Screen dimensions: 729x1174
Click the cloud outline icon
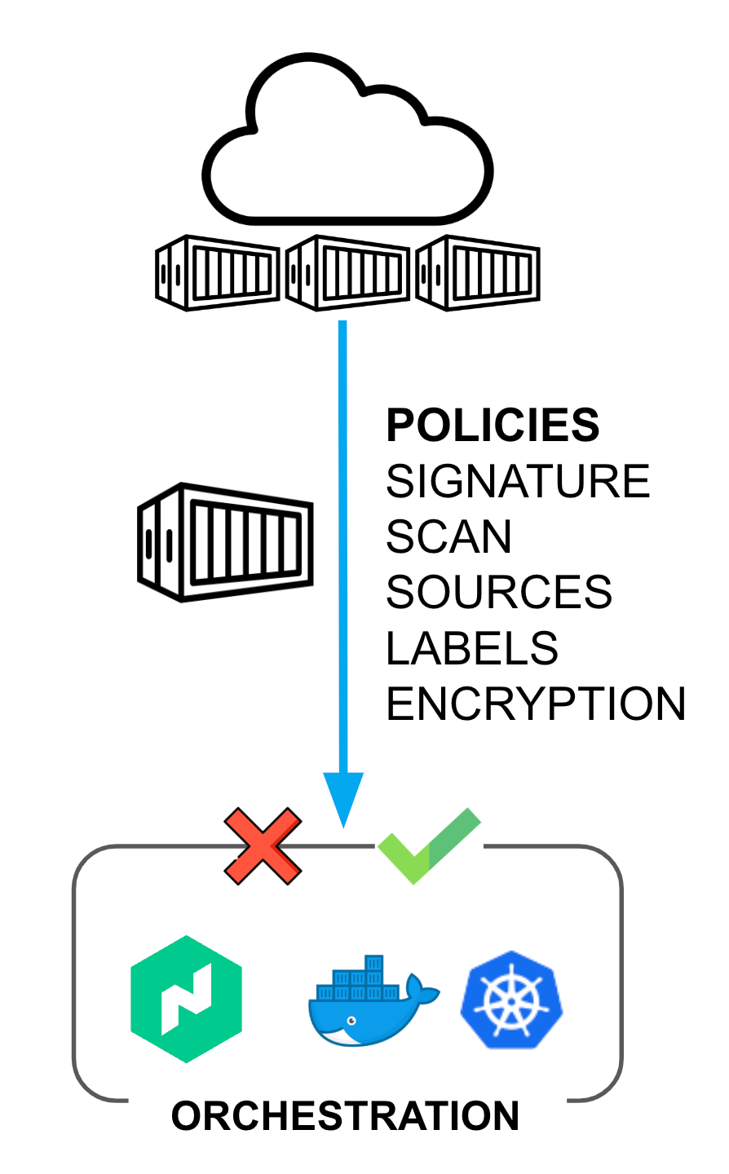click(x=347, y=220)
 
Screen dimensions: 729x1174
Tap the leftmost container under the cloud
click(x=218, y=272)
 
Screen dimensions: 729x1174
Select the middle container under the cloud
click(x=347, y=272)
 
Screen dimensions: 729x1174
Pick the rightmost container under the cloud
click(x=478, y=272)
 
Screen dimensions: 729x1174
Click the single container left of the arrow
click(x=225, y=542)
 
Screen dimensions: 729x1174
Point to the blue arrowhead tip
click(x=343, y=828)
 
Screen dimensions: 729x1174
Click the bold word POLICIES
click(x=493, y=425)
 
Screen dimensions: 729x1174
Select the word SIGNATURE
click(x=518, y=481)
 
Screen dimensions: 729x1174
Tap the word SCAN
click(x=448, y=536)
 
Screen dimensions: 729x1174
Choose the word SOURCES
click(x=499, y=592)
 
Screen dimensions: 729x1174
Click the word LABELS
click(x=471, y=648)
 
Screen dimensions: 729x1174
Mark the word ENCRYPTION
click(x=536, y=704)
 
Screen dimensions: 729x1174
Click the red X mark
click(x=263, y=846)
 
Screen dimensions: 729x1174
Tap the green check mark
click(x=429, y=846)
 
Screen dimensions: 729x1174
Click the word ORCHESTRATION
click(x=346, y=1116)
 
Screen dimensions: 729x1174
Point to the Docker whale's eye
click(x=351, y=1021)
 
